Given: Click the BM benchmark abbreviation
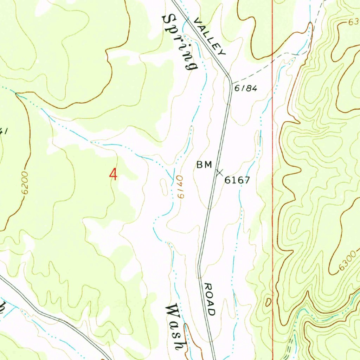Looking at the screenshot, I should pyautogui.click(x=204, y=165).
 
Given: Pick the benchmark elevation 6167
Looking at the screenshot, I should pyautogui.click(x=237, y=180).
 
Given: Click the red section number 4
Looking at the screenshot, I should pyautogui.click(x=113, y=174).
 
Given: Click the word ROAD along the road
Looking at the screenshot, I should pyautogui.click(x=210, y=299).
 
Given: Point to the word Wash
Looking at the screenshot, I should pyautogui.click(x=175, y=327).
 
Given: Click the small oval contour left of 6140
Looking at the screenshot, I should pyautogui.click(x=164, y=186).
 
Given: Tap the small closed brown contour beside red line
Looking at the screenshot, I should pyautogui.click(x=268, y=302).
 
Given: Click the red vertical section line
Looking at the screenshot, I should pyautogui.click(x=273, y=211).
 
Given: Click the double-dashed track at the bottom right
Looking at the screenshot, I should pyautogui.click(x=290, y=346).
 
